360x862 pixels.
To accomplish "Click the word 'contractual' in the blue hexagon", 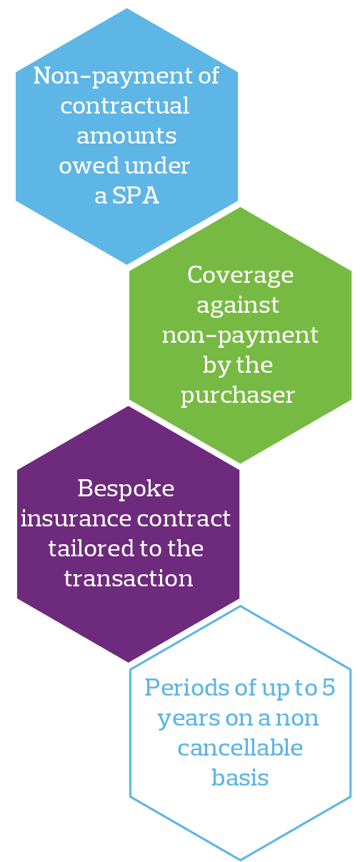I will (x=125, y=106).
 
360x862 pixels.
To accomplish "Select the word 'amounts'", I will (x=126, y=136).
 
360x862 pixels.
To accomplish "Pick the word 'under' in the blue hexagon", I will (x=158, y=166).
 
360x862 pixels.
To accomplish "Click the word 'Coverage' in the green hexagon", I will (x=240, y=275).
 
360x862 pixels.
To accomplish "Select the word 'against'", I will (x=237, y=306).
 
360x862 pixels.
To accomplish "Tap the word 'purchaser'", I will (x=237, y=396).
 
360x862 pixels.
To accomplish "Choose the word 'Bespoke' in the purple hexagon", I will (x=126, y=488).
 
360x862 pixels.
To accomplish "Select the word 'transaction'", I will (x=129, y=578).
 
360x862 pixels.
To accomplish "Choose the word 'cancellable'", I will (x=240, y=747).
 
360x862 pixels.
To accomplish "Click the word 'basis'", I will (x=240, y=777).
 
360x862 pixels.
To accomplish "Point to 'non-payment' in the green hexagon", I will (x=240, y=335).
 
